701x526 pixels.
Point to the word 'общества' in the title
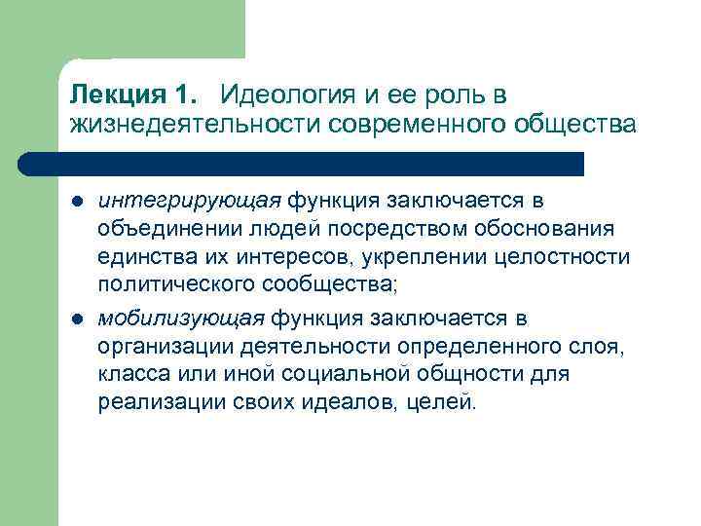577,127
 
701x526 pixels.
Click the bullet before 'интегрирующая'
78,202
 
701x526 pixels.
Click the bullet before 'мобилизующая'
78,318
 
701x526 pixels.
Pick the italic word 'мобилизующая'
181,318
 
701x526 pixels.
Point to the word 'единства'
136,257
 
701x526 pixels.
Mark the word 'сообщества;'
316,285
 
